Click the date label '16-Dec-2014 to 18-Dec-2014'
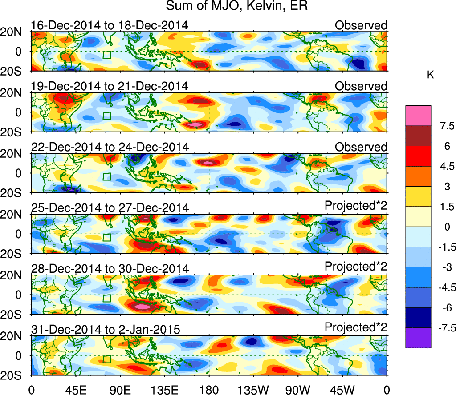click(x=110, y=25)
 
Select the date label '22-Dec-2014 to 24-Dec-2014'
click(x=110, y=147)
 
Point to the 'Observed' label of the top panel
click(x=361, y=25)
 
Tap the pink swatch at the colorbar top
click(x=418, y=116)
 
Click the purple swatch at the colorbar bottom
click(x=418, y=338)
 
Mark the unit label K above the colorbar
click(x=430, y=75)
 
